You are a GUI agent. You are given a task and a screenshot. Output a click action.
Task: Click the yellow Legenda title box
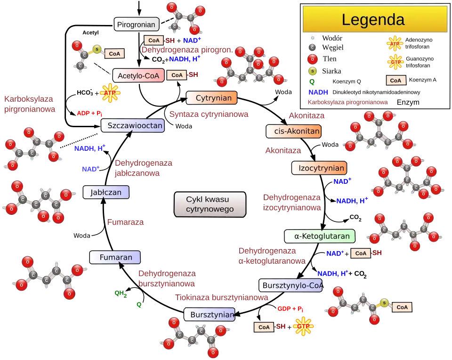(x=374, y=19)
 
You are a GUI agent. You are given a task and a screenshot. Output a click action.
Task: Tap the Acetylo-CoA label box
(x=138, y=75)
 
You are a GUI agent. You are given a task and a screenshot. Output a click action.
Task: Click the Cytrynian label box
(x=211, y=98)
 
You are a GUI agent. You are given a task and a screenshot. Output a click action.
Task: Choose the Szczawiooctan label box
(x=133, y=125)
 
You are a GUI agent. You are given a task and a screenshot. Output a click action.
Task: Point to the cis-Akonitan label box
(x=294, y=131)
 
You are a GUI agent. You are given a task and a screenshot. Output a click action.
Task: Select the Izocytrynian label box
(x=319, y=168)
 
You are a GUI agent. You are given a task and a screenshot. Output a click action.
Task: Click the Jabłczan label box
(x=106, y=192)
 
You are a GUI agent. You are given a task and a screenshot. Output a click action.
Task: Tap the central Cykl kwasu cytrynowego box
(x=210, y=205)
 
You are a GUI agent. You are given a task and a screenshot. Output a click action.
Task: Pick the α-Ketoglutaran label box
(x=319, y=236)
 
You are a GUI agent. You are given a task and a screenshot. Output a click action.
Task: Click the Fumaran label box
(x=115, y=257)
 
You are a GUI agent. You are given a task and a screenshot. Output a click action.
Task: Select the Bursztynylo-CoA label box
(x=291, y=285)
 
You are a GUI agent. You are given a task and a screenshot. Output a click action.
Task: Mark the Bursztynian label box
(x=210, y=315)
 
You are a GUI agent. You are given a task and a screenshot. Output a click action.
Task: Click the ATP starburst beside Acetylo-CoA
(x=110, y=93)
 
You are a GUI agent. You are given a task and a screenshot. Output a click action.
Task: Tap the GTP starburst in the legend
(x=395, y=62)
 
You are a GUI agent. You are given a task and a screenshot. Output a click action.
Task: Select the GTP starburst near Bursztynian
(x=303, y=326)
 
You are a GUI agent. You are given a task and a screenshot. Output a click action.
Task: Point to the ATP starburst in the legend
(x=395, y=45)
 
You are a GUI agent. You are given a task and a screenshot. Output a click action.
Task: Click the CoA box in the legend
(x=396, y=80)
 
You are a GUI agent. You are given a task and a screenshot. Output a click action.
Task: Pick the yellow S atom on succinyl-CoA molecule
(x=385, y=303)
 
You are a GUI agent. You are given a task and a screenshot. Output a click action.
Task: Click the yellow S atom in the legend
(x=312, y=71)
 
